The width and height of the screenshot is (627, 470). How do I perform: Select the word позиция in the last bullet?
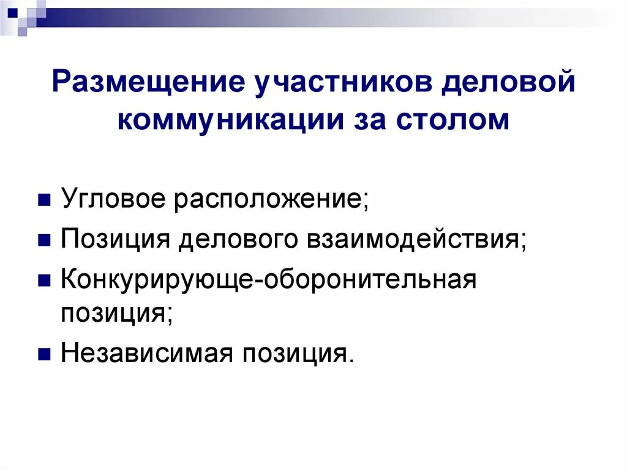pos(293,354)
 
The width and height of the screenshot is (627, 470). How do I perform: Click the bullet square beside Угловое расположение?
pos(44,201)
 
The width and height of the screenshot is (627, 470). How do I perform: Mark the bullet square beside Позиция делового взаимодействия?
pos(44,240)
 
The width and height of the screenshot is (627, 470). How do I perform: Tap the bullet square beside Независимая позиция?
pos(44,353)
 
